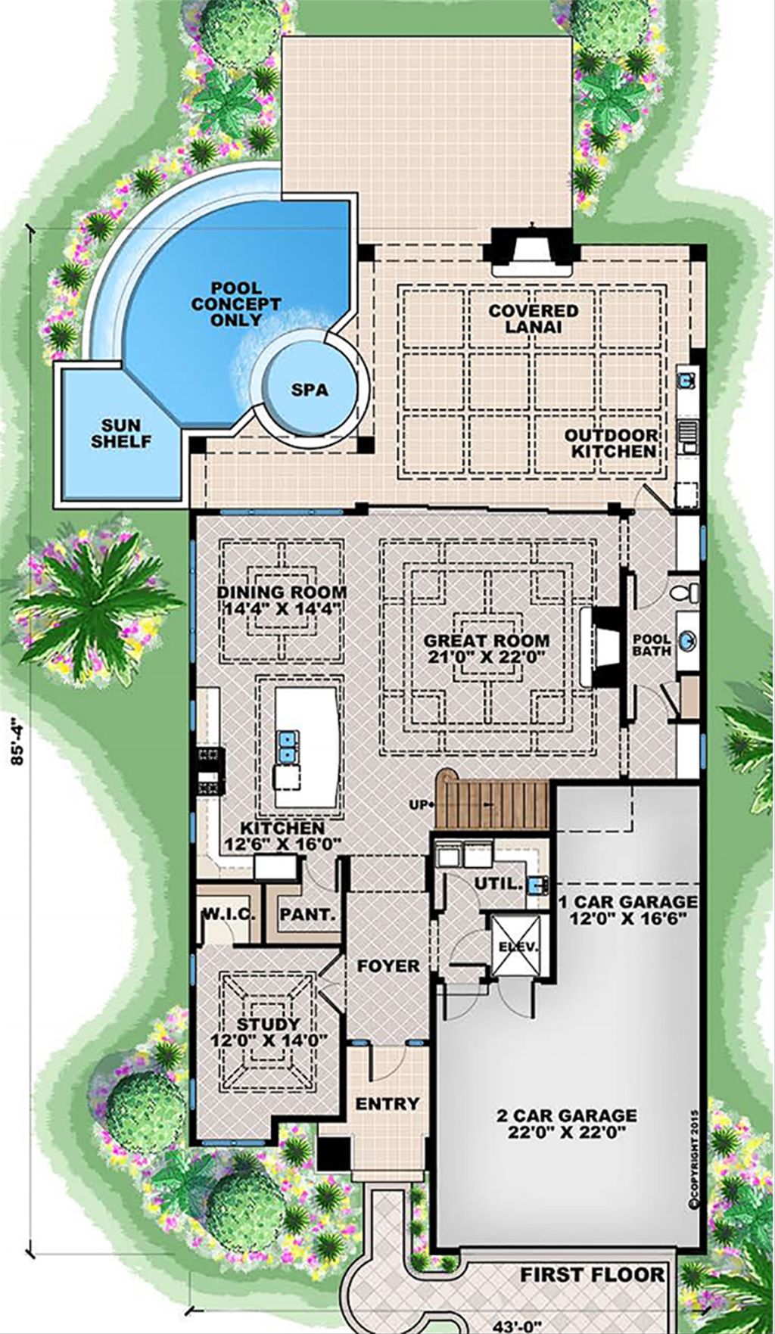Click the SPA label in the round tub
[x=310, y=390]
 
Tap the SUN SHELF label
[x=121, y=434]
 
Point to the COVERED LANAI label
[x=533, y=319]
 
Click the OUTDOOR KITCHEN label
[x=612, y=443]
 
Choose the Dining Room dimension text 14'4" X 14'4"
[x=282, y=608]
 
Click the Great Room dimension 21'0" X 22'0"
[x=486, y=657]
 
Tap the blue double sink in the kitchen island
[x=287, y=746]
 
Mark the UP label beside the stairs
[x=419, y=804]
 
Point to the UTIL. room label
[x=498, y=883]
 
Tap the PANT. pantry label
[x=308, y=914]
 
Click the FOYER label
[x=388, y=966]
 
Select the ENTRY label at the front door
[x=387, y=1104]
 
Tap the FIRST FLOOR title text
[x=592, y=1274]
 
